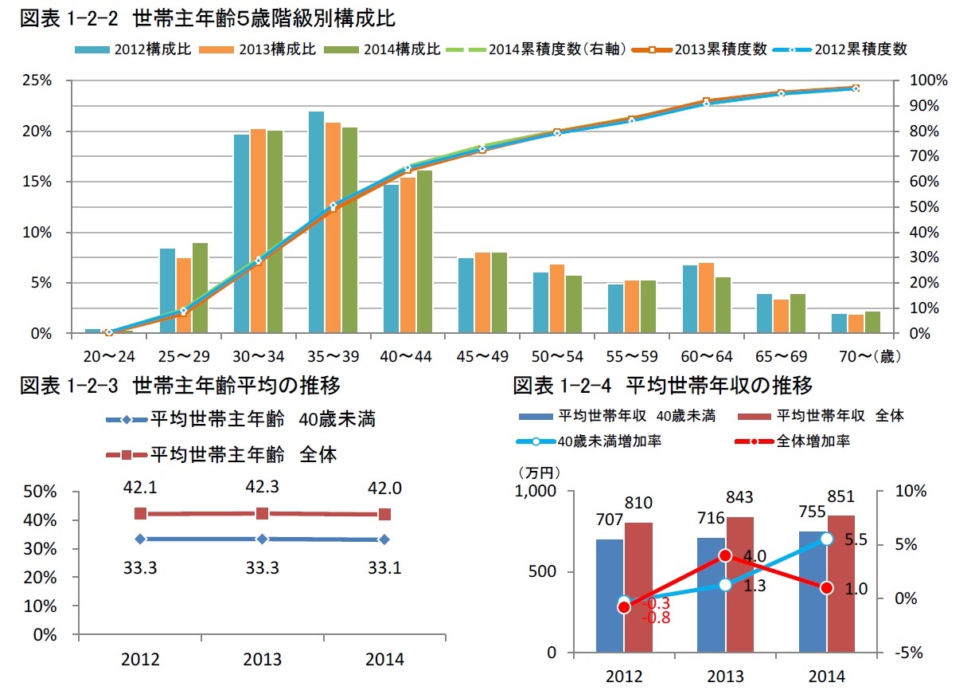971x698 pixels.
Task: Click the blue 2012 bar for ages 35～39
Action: (316, 222)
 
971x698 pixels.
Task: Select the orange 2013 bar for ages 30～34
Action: (258, 231)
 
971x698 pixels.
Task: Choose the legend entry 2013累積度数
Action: (708, 49)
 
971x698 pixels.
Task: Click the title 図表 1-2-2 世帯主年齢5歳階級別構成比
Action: (208, 16)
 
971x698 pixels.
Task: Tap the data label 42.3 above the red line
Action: (262, 486)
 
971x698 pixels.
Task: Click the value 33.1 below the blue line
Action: (384, 568)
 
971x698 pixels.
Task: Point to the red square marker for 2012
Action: (140, 514)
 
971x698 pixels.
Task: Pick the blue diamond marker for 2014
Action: (384, 539)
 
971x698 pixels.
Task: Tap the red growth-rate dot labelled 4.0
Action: (725, 555)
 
